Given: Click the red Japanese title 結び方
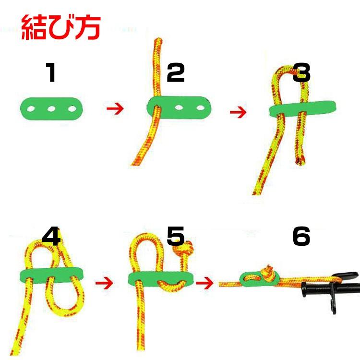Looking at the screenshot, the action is (61, 27).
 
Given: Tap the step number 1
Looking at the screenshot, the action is (51, 72).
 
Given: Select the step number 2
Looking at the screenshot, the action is (176, 72).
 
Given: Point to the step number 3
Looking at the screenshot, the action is (301, 72).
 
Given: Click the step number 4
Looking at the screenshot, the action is (51, 236).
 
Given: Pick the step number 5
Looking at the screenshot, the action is (176, 236).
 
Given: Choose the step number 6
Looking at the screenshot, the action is (301, 236).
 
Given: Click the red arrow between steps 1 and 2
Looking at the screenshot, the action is (115, 108).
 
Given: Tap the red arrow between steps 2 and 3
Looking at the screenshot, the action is (238, 112).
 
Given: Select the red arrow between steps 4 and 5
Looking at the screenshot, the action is (104, 283).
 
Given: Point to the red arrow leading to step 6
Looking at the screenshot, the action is (204, 283).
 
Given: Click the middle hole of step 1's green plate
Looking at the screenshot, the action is (51, 108).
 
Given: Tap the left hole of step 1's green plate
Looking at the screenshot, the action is (31, 108).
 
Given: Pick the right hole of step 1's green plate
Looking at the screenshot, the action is (72, 108).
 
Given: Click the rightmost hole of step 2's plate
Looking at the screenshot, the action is (201, 108).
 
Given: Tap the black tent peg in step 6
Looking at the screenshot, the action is (331, 290).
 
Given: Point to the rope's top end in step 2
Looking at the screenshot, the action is (158, 41).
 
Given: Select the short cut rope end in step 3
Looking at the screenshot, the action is (300, 160).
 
